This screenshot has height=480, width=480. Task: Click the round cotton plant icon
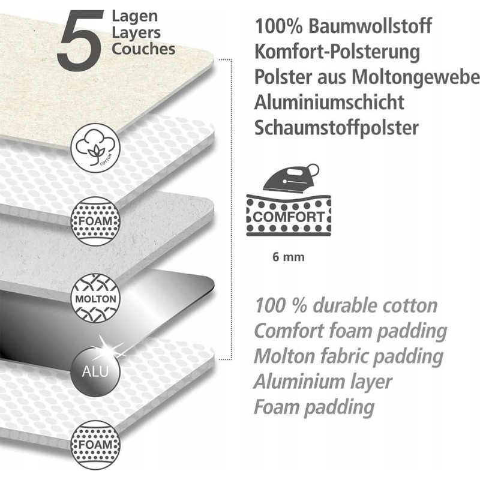[x=94, y=148]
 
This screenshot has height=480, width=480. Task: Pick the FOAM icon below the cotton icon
[x=93, y=221]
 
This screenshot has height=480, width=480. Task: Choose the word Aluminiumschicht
[x=329, y=103]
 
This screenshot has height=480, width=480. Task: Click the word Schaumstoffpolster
[x=337, y=128]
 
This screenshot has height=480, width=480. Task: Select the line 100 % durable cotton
[x=346, y=305]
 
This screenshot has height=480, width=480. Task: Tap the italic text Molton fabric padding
[x=349, y=356]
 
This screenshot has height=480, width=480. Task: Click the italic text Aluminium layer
[x=323, y=381]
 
